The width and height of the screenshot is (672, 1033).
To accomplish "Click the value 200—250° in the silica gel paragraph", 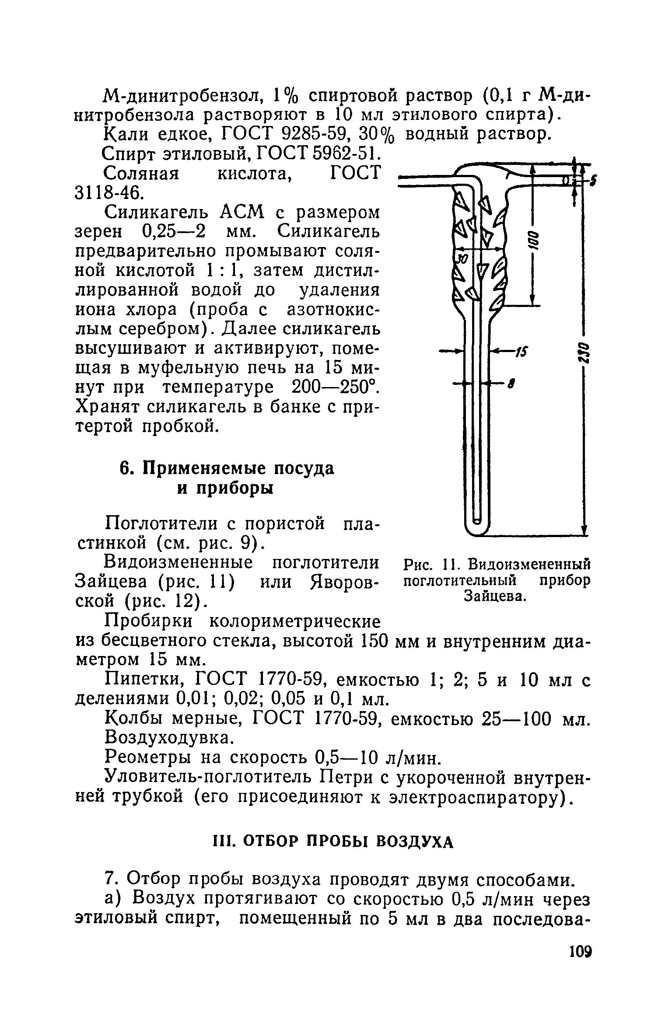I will coord(334,387).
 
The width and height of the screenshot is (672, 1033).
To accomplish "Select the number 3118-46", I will coord(108,192).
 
